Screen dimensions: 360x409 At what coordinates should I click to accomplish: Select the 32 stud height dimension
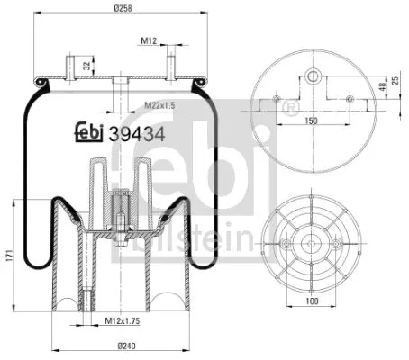click(x=86, y=65)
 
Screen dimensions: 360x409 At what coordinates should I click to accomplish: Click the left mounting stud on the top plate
click(x=69, y=67)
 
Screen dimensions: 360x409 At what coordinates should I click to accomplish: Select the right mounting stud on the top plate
click(x=168, y=67)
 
